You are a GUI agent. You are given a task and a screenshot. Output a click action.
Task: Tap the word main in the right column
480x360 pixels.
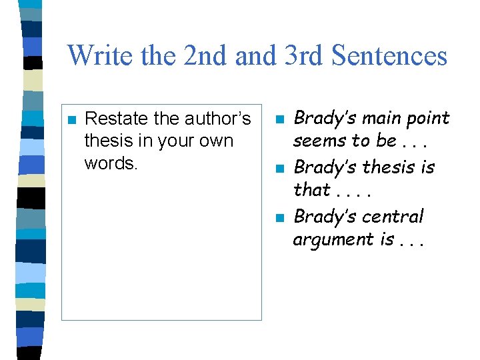point(373,119)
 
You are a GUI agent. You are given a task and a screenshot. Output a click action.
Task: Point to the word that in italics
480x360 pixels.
point(312,190)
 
